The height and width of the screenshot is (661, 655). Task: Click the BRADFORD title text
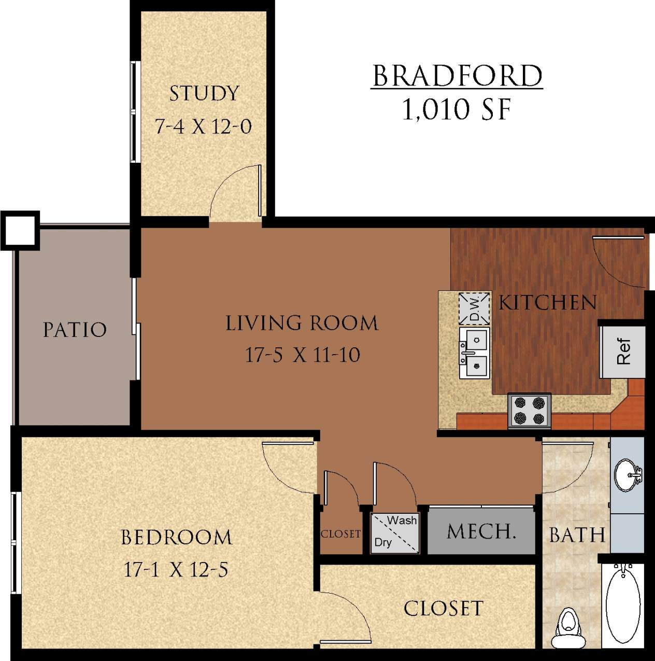[457, 77]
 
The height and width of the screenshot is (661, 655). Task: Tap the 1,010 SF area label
[457, 109]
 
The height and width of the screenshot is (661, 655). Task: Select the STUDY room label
[204, 94]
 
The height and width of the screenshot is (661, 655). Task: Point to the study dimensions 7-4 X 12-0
[204, 126]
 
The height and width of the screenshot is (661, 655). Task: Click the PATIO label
[75, 330]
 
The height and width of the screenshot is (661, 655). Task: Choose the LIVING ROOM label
[302, 323]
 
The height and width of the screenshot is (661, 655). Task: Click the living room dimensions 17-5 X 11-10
[302, 355]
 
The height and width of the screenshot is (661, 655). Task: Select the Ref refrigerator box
[622, 352]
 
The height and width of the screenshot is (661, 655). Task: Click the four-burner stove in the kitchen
[529, 411]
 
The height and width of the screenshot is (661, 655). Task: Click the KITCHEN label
[548, 303]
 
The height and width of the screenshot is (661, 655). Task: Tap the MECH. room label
[481, 531]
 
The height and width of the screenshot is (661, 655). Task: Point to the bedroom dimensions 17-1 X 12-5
[176, 570]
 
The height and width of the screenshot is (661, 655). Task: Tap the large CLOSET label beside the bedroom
[443, 608]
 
